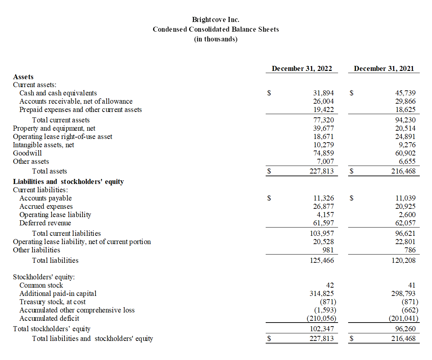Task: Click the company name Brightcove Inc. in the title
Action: point(216,19)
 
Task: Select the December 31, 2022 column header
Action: point(302,68)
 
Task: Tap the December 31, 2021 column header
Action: point(384,68)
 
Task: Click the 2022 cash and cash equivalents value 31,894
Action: point(324,93)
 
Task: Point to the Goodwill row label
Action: point(27,153)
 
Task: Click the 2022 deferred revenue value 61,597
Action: point(324,223)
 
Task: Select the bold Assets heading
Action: point(23,77)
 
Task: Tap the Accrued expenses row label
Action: point(46,207)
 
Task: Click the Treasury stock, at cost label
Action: point(53,302)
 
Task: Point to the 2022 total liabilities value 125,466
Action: point(322,260)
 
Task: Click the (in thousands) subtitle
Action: point(216,39)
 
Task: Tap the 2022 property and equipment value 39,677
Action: point(324,129)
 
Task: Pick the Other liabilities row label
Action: point(36,250)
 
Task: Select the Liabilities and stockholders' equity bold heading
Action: point(68,181)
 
